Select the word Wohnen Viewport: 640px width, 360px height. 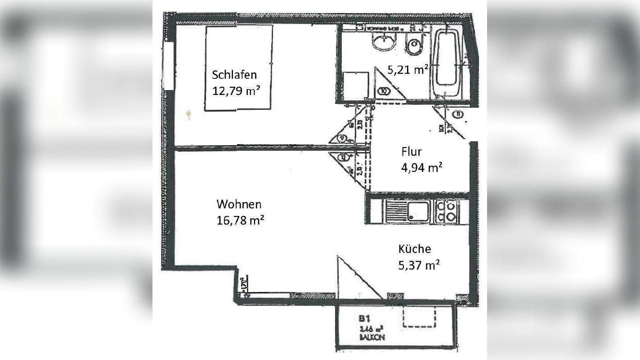pyautogui.click(x=239, y=204)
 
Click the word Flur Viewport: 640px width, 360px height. pyautogui.click(x=412, y=152)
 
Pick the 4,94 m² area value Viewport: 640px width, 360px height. pyautogui.click(x=421, y=168)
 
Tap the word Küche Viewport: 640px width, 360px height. pyautogui.click(x=414, y=249)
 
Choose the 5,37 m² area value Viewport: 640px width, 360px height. pyautogui.click(x=419, y=265)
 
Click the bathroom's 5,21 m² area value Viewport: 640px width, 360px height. pyautogui.click(x=407, y=69)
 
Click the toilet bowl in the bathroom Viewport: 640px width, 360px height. pyautogui.click(x=413, y=45)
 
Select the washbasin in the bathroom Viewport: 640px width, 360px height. pyautogui.click(x=384, y=43)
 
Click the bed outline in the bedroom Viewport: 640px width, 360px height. pyautogui.click(x=238, y=67)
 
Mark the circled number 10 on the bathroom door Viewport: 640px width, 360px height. pyautogui.click(x=384, y=90)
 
